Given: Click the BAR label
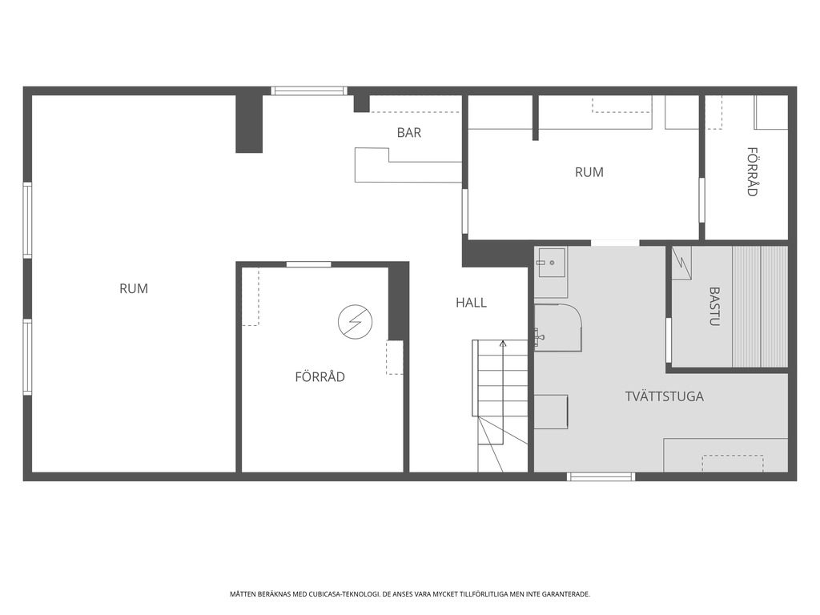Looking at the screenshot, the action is pos(409,132).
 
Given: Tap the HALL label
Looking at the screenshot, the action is pos(471,302).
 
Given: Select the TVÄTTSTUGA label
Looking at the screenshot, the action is pos(664,396).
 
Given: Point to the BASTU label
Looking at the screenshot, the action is pos(714,306).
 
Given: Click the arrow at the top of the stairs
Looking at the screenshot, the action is pos(503,344).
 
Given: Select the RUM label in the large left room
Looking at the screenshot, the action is pos(134,288).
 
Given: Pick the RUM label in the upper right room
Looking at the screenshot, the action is pos(589,172).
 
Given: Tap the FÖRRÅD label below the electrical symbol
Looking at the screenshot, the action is pos(320,376).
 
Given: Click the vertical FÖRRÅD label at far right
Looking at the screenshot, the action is pos(752,171).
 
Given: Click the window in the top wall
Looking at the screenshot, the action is pos(309,91).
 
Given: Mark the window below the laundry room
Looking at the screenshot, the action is pos(601,476).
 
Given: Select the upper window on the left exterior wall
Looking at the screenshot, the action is pos(27,219).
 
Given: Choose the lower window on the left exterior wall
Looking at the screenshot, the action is pos(27,357).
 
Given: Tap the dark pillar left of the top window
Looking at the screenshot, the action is pos(249,124).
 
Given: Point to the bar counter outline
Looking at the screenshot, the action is pos(408,165).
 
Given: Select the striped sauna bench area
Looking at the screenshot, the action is pos(760,307).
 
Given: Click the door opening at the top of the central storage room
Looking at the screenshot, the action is pos(308,264).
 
